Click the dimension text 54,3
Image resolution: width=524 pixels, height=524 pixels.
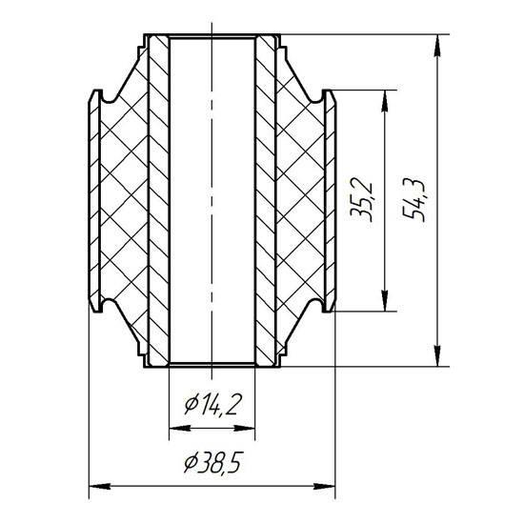click(x=414, y=200)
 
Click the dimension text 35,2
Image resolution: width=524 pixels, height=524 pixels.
click(x=360, y=199)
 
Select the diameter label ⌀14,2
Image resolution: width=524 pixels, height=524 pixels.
click(x=212, y=404)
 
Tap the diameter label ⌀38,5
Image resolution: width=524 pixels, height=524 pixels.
click(x=212, y=462)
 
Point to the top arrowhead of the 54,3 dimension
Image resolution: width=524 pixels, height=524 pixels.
click(x=436, y=46)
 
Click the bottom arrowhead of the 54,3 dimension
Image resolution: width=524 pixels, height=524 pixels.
click(x=436, y=355)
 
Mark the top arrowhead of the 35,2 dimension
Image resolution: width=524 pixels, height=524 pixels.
click(x=385, y=102)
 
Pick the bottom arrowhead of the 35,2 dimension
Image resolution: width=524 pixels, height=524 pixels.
click(x=385, y=300)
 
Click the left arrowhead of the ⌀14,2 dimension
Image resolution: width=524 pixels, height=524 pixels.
click(x=180, y=428)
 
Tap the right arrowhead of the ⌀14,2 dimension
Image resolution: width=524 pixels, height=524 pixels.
click(x=244, y=428)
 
